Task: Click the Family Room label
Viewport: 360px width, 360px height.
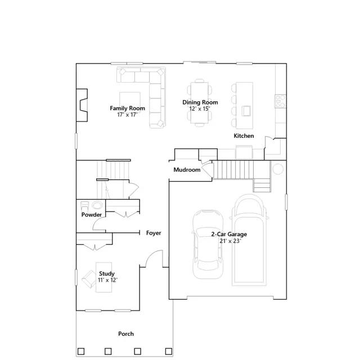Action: (x=128, y=108)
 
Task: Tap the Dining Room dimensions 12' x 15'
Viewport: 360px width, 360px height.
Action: (x=200, y=109)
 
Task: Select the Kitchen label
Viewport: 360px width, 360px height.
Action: (x=244, y=136)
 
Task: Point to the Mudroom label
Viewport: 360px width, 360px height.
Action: (x=187, y=170)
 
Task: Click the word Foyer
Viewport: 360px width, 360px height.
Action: (x=154, y=233)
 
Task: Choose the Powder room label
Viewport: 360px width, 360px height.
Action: (x=91, y=215)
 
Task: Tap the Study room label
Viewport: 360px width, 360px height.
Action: (x=107, y=274)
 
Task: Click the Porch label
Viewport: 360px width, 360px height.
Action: (x=126, y=334)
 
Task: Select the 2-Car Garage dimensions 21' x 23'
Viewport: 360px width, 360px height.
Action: (x=230, y=241)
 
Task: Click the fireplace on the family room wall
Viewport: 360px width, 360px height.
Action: (x=82, y=105)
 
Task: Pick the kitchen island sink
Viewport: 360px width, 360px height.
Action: (x=246, y=111)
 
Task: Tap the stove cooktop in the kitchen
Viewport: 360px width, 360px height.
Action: (x=281, y=101)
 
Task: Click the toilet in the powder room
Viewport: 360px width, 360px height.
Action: (x=84, y=205)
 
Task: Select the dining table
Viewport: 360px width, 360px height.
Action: (x=200, y=103)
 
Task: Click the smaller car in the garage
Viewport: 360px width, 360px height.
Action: (x=208, y=244)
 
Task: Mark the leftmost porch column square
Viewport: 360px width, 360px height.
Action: (x=81, y=351)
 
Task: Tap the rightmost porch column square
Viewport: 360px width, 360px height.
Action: (x=169, y=351)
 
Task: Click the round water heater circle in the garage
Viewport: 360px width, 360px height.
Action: (x=278, y=169)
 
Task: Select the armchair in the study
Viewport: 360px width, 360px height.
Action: (x=89, y=279)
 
